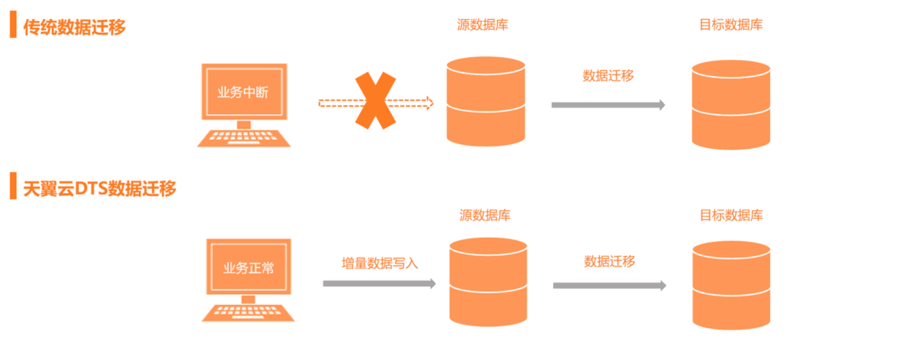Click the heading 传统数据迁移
click(x=75, y=27)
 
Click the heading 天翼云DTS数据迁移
click(x=99, y=188)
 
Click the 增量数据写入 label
click(x=380, y=263)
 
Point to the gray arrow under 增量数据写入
click(x=379, y=283)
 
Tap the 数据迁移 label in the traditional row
click(x=608, y=75)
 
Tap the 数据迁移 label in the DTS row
click(x=609, y=261)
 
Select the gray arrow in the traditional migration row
click(x=608, y=105)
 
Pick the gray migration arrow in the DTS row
click(x=609, y=285)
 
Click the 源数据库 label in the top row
click(x=483, y=25)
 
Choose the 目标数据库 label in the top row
click(x=731, y=25)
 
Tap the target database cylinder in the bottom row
click(x=731, y=285)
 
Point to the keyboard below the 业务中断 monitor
click(x=244, y=138)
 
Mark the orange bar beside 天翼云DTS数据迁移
click(x=12, y=187)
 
